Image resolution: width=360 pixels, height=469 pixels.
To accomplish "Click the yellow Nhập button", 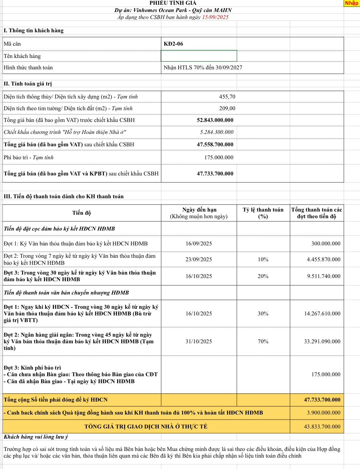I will (351, 3).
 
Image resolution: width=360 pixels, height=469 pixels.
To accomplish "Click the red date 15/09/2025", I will (215, 17).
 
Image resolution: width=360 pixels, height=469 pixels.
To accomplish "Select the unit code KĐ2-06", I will (173, 44).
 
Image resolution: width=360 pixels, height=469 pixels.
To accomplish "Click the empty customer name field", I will (199, 56).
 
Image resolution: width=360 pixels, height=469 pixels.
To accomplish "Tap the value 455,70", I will (227, 97).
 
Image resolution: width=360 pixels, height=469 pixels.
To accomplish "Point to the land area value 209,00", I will (227, 108).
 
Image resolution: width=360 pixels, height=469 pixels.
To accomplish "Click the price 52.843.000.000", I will (215, 120).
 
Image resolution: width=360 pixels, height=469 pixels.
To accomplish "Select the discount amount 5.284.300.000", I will (217, 132).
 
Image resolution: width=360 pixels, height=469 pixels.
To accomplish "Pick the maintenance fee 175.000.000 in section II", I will (218, 157).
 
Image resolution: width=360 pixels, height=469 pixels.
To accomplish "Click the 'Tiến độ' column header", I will (82, 213).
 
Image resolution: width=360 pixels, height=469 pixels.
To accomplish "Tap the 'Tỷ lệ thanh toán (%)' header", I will (263, 213).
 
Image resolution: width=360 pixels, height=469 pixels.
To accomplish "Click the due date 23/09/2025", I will (199, 259).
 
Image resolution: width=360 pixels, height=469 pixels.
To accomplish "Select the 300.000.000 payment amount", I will (326, 244).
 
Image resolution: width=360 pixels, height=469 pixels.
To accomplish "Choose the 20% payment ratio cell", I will (263, 276).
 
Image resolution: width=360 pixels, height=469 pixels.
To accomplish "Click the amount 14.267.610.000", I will (322, 314).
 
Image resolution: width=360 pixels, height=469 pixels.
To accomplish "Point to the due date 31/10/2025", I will (199, 341).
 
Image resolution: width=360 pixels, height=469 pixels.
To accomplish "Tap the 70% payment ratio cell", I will (263, 341).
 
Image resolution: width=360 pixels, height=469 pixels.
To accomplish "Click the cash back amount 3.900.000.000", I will (323, 413).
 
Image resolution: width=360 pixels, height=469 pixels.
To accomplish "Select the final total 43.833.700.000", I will (322, 427).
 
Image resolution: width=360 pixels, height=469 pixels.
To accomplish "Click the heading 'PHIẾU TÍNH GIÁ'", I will (173, 3).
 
